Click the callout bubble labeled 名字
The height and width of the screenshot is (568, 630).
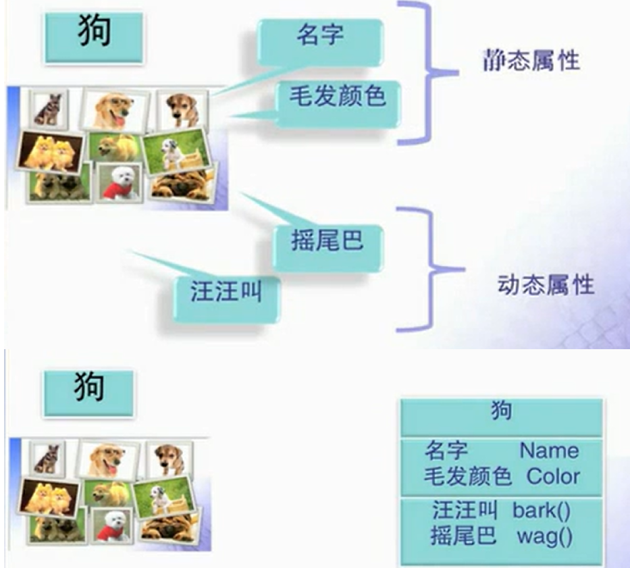(x=320, y=38)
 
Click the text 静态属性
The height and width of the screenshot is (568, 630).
(x=531, y=61)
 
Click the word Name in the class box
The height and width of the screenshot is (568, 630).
(x=549, y=450)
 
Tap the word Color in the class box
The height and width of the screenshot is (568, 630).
(x=552, y=476)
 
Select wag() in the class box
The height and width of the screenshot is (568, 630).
(x=544, y=537)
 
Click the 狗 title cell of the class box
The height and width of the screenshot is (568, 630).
(x=501, y=412)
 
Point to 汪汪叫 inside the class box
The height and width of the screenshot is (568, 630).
(x=464, y=510)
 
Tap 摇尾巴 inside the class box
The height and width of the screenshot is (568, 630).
(x=464, y=537)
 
